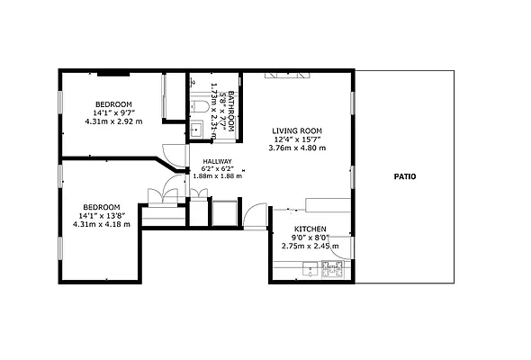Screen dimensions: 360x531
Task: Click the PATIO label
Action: coord(404,176)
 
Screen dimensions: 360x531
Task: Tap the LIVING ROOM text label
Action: coord(296,131)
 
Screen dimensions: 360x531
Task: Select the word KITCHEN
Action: coord(310,229)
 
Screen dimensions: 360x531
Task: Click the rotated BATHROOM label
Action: coord(230,111)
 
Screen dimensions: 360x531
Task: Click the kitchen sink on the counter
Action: coord(310,267)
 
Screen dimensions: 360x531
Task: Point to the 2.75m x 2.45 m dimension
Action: coord(310,246)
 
